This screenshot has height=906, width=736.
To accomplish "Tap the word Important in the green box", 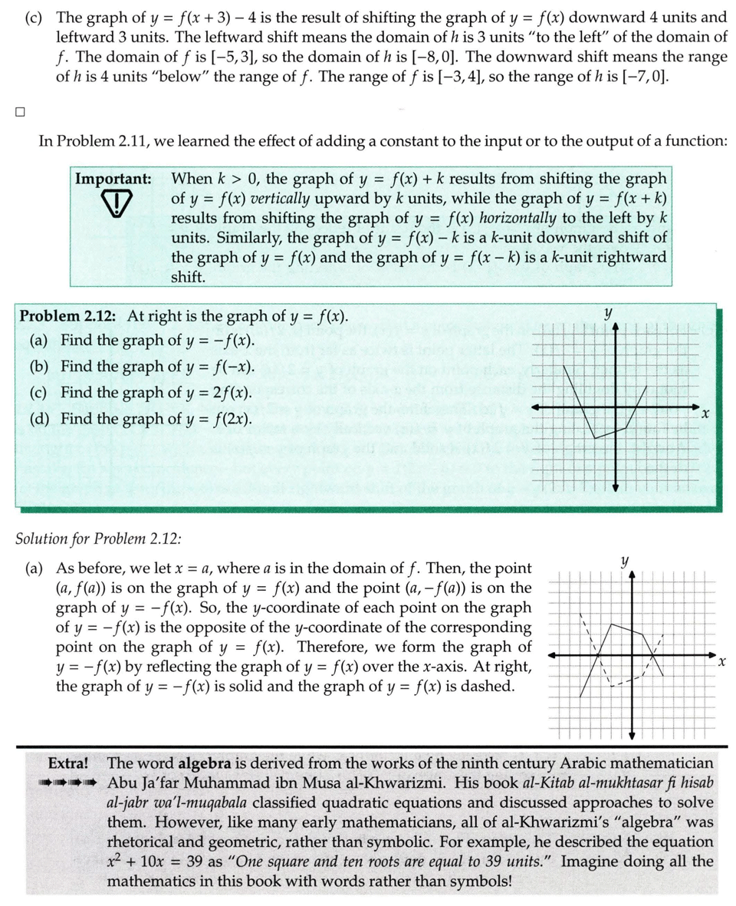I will [x=113, y=179].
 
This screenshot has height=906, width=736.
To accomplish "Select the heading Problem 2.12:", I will [x=67, y=316].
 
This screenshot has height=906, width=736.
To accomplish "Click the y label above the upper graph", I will [x=608, y=313].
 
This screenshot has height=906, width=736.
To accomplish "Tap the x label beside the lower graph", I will [x=721, y=661].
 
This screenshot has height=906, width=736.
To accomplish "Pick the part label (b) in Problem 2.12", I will [x=41, y=367].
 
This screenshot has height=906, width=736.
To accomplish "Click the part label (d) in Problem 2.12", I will [x=41, y=419].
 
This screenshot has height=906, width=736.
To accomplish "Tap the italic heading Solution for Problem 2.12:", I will [x=98, y=538].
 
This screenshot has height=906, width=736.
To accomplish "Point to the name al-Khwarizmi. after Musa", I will [x=388, y=783].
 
